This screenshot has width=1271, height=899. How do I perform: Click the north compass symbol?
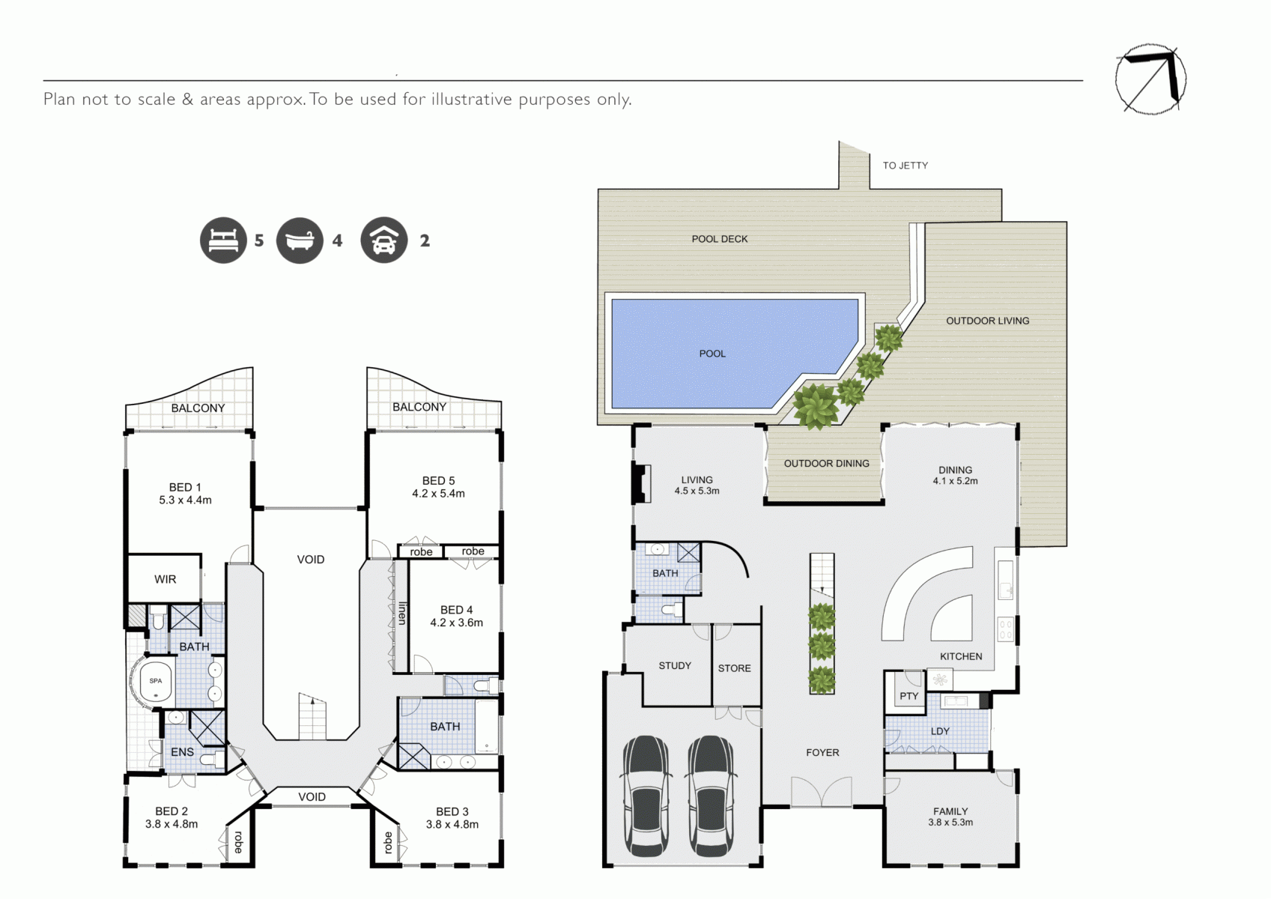point(1150,79)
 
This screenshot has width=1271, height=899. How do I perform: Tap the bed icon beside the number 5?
point(223,240)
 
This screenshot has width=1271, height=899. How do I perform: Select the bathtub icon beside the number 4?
point(300,240)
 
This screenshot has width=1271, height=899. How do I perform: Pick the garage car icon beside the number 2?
point(384,240)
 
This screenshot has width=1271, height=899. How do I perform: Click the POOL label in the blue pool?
point(712,354)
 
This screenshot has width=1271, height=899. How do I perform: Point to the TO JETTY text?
point(905,166)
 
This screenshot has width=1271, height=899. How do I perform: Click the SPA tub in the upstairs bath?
point(155,681)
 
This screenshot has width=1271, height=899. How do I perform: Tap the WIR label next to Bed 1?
point(165,579)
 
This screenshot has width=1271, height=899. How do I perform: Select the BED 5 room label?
point(438,481)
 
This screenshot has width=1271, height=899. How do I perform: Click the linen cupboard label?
point(402,614)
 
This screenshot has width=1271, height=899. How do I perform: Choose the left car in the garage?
point(646,796)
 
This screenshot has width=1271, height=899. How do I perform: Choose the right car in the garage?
point(711,796)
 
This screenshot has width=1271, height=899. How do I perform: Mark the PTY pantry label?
point(908,696)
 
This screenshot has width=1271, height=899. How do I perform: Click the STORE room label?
point(734,668)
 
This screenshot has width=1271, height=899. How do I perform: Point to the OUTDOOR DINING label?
point(826,464)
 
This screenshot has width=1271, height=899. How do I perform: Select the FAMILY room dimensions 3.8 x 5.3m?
point(950,823)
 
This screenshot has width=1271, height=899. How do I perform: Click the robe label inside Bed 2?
point(238,842)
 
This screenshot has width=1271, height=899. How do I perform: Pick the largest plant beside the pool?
point(816,405)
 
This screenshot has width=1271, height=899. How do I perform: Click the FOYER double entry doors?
point(822,791)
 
